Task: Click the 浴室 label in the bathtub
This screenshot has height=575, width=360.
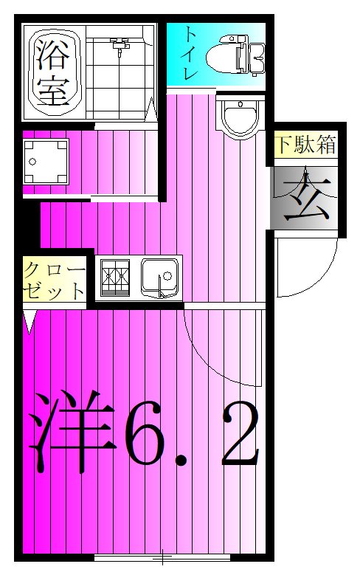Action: tap(52, 72)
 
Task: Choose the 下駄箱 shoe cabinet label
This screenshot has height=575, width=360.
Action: tap(305, 145)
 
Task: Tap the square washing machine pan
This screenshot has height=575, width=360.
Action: tap(45, 162)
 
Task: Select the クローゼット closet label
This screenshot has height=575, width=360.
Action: tap(54, 278)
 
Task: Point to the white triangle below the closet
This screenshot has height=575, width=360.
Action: tap(30, 322)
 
